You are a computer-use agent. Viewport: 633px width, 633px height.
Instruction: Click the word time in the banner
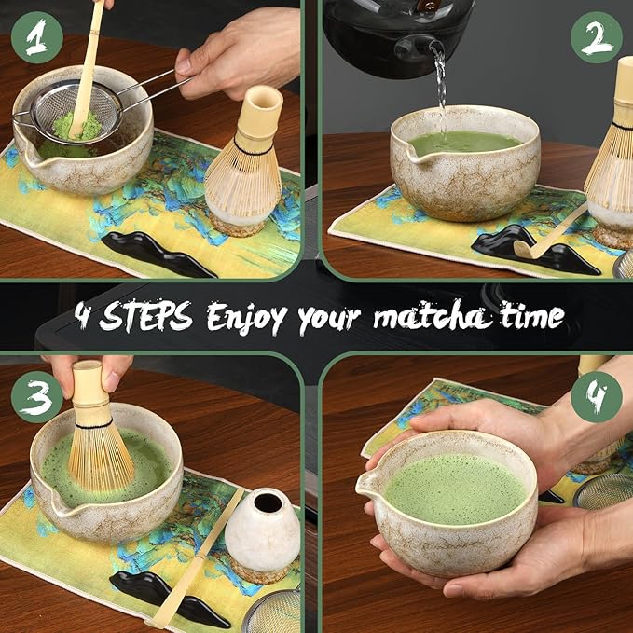pyautogui.click(x=531, y=317)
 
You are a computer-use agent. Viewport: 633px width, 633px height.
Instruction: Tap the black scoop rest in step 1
pyautogui.click(x=158, y=253)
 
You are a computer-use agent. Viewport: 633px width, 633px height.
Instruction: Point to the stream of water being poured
pyautogui.click(x=440, y=93)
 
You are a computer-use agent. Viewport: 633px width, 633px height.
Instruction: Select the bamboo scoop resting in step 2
pyautogui.click(x=550, y=234)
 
